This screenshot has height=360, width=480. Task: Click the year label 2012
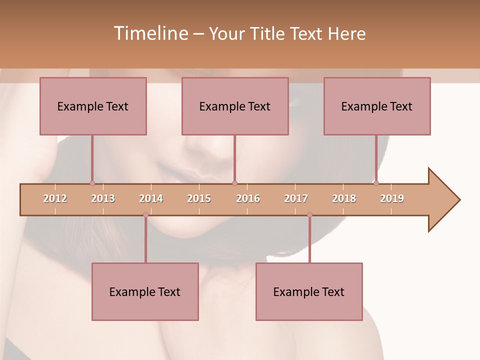pos(55,198)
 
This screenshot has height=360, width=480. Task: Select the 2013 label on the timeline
pos(103,198)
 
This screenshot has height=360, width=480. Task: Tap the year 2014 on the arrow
pos(151,198)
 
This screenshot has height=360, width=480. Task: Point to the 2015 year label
pos(199,198)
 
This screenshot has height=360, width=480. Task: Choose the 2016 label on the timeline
pos(248,198)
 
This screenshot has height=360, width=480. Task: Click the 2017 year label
pos(296,198)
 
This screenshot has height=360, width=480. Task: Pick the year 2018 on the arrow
pos(344,198)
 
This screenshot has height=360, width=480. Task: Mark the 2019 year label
pos(392,198)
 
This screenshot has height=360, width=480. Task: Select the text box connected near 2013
pos(93,106)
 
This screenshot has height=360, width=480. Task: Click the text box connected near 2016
pos(235,106)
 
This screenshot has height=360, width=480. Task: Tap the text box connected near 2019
pos(377,106)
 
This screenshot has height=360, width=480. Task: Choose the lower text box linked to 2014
pos(145,291)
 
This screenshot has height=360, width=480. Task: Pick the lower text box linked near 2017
pos(309,291)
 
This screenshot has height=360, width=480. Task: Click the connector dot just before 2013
pos(92,183)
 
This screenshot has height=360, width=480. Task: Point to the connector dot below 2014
pos(145,214)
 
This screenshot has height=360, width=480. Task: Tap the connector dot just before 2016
pos(234,183)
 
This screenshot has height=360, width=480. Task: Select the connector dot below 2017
pos(309,214)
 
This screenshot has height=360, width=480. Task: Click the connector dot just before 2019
pos(376,183)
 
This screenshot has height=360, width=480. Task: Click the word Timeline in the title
pos(150,33)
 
